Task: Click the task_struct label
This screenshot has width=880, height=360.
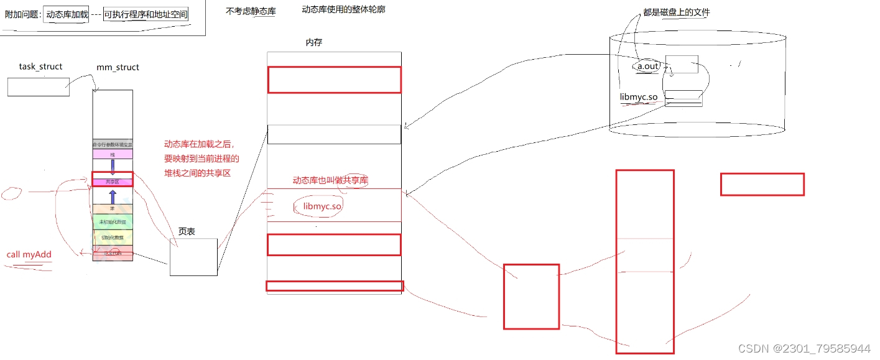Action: point(41,67)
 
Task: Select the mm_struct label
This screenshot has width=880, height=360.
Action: point(118,67)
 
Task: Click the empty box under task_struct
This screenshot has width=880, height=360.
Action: point(39,86)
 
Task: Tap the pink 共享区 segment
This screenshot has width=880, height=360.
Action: point(113,182)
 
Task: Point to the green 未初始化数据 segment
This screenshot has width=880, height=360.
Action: point(113,222)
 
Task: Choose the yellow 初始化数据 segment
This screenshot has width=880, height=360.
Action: point(113,238)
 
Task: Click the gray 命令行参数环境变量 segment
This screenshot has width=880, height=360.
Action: point(113,144)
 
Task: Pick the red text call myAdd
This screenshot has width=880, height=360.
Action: point(29,254)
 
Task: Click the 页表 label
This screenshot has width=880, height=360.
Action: point(187,231)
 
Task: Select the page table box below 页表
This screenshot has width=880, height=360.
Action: point(193,257)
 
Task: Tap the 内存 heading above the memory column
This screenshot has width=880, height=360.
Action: point(314,42)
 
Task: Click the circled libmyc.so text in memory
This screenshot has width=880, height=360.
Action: point(318,206)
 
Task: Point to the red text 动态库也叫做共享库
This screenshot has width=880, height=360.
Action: point(330,180)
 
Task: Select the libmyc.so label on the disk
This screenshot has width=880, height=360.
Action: point(639,96)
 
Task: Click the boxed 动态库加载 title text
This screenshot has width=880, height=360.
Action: point(67,14)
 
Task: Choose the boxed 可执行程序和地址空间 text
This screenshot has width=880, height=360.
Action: point(146,14)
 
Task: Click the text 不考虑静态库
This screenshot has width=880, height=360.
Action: point(251,11)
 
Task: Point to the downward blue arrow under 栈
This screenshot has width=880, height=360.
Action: point(113,166)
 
